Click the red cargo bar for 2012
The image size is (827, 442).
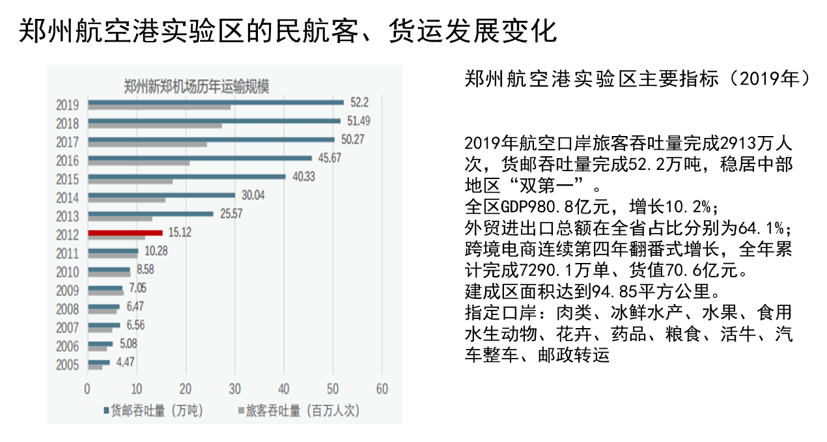click(125, 232)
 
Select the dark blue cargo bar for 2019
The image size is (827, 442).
click(216, 102)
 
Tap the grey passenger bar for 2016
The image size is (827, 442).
click(139, 163)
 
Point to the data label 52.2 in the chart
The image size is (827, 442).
click(359, 102)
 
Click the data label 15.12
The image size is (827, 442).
click(179, 232)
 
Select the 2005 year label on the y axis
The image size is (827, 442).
click(67, 365)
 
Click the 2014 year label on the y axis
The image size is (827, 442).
click(67, 197)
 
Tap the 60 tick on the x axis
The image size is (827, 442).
click(382, 389)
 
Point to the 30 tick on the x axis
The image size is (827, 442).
click(234, 389)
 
